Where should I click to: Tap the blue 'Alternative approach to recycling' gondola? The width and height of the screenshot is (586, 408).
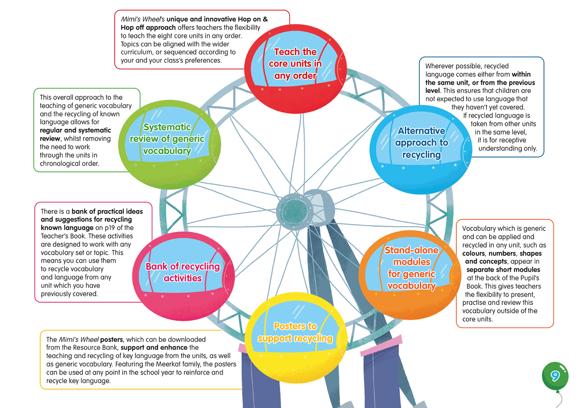[421, 149]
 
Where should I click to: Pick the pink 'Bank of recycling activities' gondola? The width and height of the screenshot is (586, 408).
[183, 276]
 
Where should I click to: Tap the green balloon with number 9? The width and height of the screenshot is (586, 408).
[555, 376]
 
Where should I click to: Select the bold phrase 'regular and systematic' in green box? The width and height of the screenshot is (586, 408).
[75, 130]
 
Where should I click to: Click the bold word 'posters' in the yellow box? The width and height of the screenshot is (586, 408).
[111, 339]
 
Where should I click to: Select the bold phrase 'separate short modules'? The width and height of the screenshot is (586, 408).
[503, 269]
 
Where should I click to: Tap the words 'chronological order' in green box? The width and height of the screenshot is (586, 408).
[69, 163]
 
